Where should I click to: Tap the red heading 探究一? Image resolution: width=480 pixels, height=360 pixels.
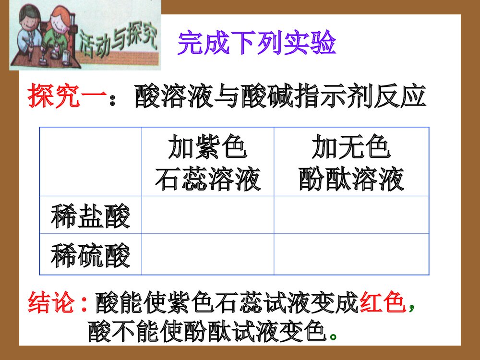pyautogui.click(x=67, y=96)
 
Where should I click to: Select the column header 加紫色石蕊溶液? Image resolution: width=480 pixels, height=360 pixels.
pyautogui.click(x=207, y=163)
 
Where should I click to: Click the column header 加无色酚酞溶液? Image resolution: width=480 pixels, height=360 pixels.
pyautogui.click(x=351, y=163)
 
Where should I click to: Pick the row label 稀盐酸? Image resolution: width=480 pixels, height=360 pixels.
pyautogui.click(x=91, y=216)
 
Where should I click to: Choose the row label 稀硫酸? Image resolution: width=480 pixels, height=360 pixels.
pyautogui.click(x=91, y=255)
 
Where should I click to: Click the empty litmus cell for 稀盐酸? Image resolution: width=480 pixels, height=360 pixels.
pyautogui.click(x=207, y=215)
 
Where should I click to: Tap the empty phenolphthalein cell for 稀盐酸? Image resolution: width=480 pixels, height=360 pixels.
pyautogui.click(x=351, y=215)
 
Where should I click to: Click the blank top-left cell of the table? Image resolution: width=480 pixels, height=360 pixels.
pyautogui.click(x=91, y=162)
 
